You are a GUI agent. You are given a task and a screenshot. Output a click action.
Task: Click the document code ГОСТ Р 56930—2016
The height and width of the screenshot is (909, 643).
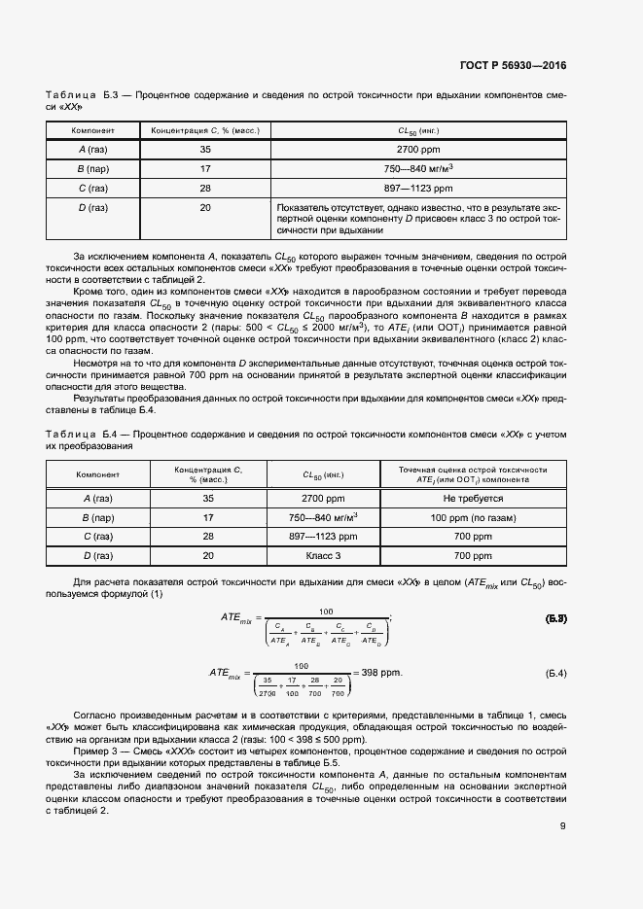pyautogui.click(x=513, y=66)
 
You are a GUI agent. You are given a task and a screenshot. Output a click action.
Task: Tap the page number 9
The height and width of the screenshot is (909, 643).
pyautogui.click(x=562, y=827)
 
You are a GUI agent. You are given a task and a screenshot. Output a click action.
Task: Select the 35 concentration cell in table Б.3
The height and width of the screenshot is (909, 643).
pyautogui.click(x=205, y=149)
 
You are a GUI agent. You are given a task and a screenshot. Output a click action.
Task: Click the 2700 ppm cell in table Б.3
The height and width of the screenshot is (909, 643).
pyautogui.click(x=418, y=149)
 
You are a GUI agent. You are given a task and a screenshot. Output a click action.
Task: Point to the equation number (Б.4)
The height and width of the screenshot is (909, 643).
pyautogui.click(x=550, y=674)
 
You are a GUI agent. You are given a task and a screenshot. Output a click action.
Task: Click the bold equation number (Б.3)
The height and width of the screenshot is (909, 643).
pyautogui.click(x=550, y=618)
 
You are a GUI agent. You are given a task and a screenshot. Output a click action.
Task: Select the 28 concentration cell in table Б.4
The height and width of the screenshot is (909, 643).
pyautogui.click(x=208, y=536)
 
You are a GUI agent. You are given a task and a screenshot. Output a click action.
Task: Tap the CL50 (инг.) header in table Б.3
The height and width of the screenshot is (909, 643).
pyautogui.click(x=418, y=129)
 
